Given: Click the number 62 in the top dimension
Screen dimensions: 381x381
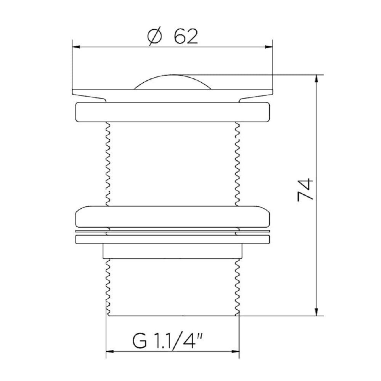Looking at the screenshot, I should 186,37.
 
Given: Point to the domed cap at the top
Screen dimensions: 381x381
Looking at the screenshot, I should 173,82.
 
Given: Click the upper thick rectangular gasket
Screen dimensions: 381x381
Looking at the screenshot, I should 173,112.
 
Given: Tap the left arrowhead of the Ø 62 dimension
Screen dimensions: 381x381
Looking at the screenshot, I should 75,48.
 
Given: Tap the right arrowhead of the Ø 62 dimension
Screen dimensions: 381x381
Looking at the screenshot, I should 270,48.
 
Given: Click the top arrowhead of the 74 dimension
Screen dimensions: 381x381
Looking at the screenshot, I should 317,78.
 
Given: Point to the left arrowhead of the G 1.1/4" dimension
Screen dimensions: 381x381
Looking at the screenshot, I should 109,352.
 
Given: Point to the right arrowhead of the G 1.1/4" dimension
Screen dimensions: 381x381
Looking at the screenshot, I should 236,352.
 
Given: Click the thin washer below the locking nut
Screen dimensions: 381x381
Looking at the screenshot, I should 173,231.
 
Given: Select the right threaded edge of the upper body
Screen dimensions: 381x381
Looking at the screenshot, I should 238,164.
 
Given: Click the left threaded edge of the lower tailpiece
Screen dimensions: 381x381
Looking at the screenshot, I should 107,286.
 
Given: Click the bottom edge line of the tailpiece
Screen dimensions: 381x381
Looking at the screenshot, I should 173,316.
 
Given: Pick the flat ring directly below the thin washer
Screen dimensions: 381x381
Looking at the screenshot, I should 173,240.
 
